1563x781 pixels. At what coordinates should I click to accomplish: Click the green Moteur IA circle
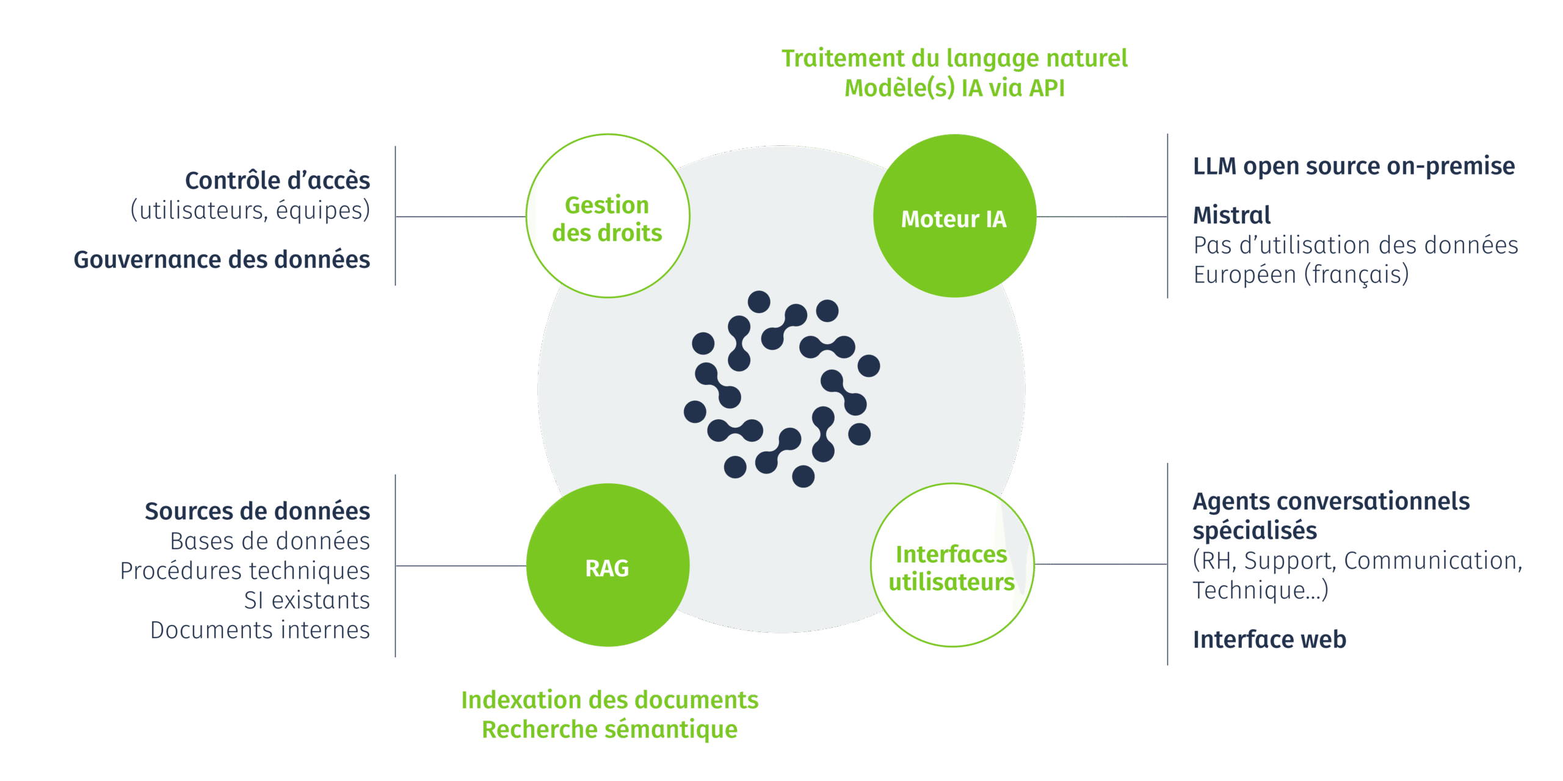pos(954,216)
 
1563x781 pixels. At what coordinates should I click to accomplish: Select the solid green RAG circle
pos(607,566)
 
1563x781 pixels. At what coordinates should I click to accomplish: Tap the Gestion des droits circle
pos(607,216)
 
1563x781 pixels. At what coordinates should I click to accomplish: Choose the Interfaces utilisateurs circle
pos(952,566)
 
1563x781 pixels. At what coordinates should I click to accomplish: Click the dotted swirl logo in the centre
pos(781,389)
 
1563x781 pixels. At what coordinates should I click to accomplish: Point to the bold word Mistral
pos(1231,215)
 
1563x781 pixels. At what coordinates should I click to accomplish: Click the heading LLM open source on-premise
pos(1354,166)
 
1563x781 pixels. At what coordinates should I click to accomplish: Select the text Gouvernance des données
pos(222,260)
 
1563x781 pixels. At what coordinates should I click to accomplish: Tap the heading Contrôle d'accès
pos(278,181)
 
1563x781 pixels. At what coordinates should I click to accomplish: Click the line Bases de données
pos(270,541)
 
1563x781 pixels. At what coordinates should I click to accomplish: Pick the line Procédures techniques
pos(245,571)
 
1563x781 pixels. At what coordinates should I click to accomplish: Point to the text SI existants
pos(306,600)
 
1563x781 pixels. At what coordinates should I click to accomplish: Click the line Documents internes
pos(260,630)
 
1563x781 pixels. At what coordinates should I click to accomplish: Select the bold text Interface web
pos(1269,639)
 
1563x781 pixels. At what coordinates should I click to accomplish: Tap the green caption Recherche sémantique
pos(609,729)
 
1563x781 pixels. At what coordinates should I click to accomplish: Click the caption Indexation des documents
pos(609,700)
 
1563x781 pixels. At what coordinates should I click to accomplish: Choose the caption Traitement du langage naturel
pos(954,58)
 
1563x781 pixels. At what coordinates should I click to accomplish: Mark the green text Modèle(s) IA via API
pos(954,88)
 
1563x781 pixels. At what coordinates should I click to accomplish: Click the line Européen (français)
pos(1301,275)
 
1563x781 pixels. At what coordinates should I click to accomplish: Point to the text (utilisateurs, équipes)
pos(250,211)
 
